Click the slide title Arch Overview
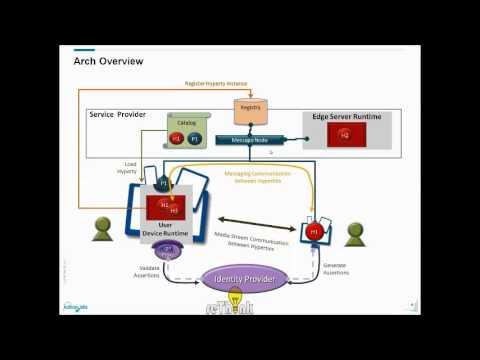pyautogui.click(x=108, y=62)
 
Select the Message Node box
pyautogui.click(x=251, y=140)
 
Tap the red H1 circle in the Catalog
pyautogui.click(x=177, y=138)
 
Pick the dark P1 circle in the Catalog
pyautogui.click(x=195, y=138)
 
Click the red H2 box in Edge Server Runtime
pyautogui.click(x=344, y=135)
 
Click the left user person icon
pyautogui.click(x=102, y=231)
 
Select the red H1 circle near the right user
pyautogui.click(x=312, y=233)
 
